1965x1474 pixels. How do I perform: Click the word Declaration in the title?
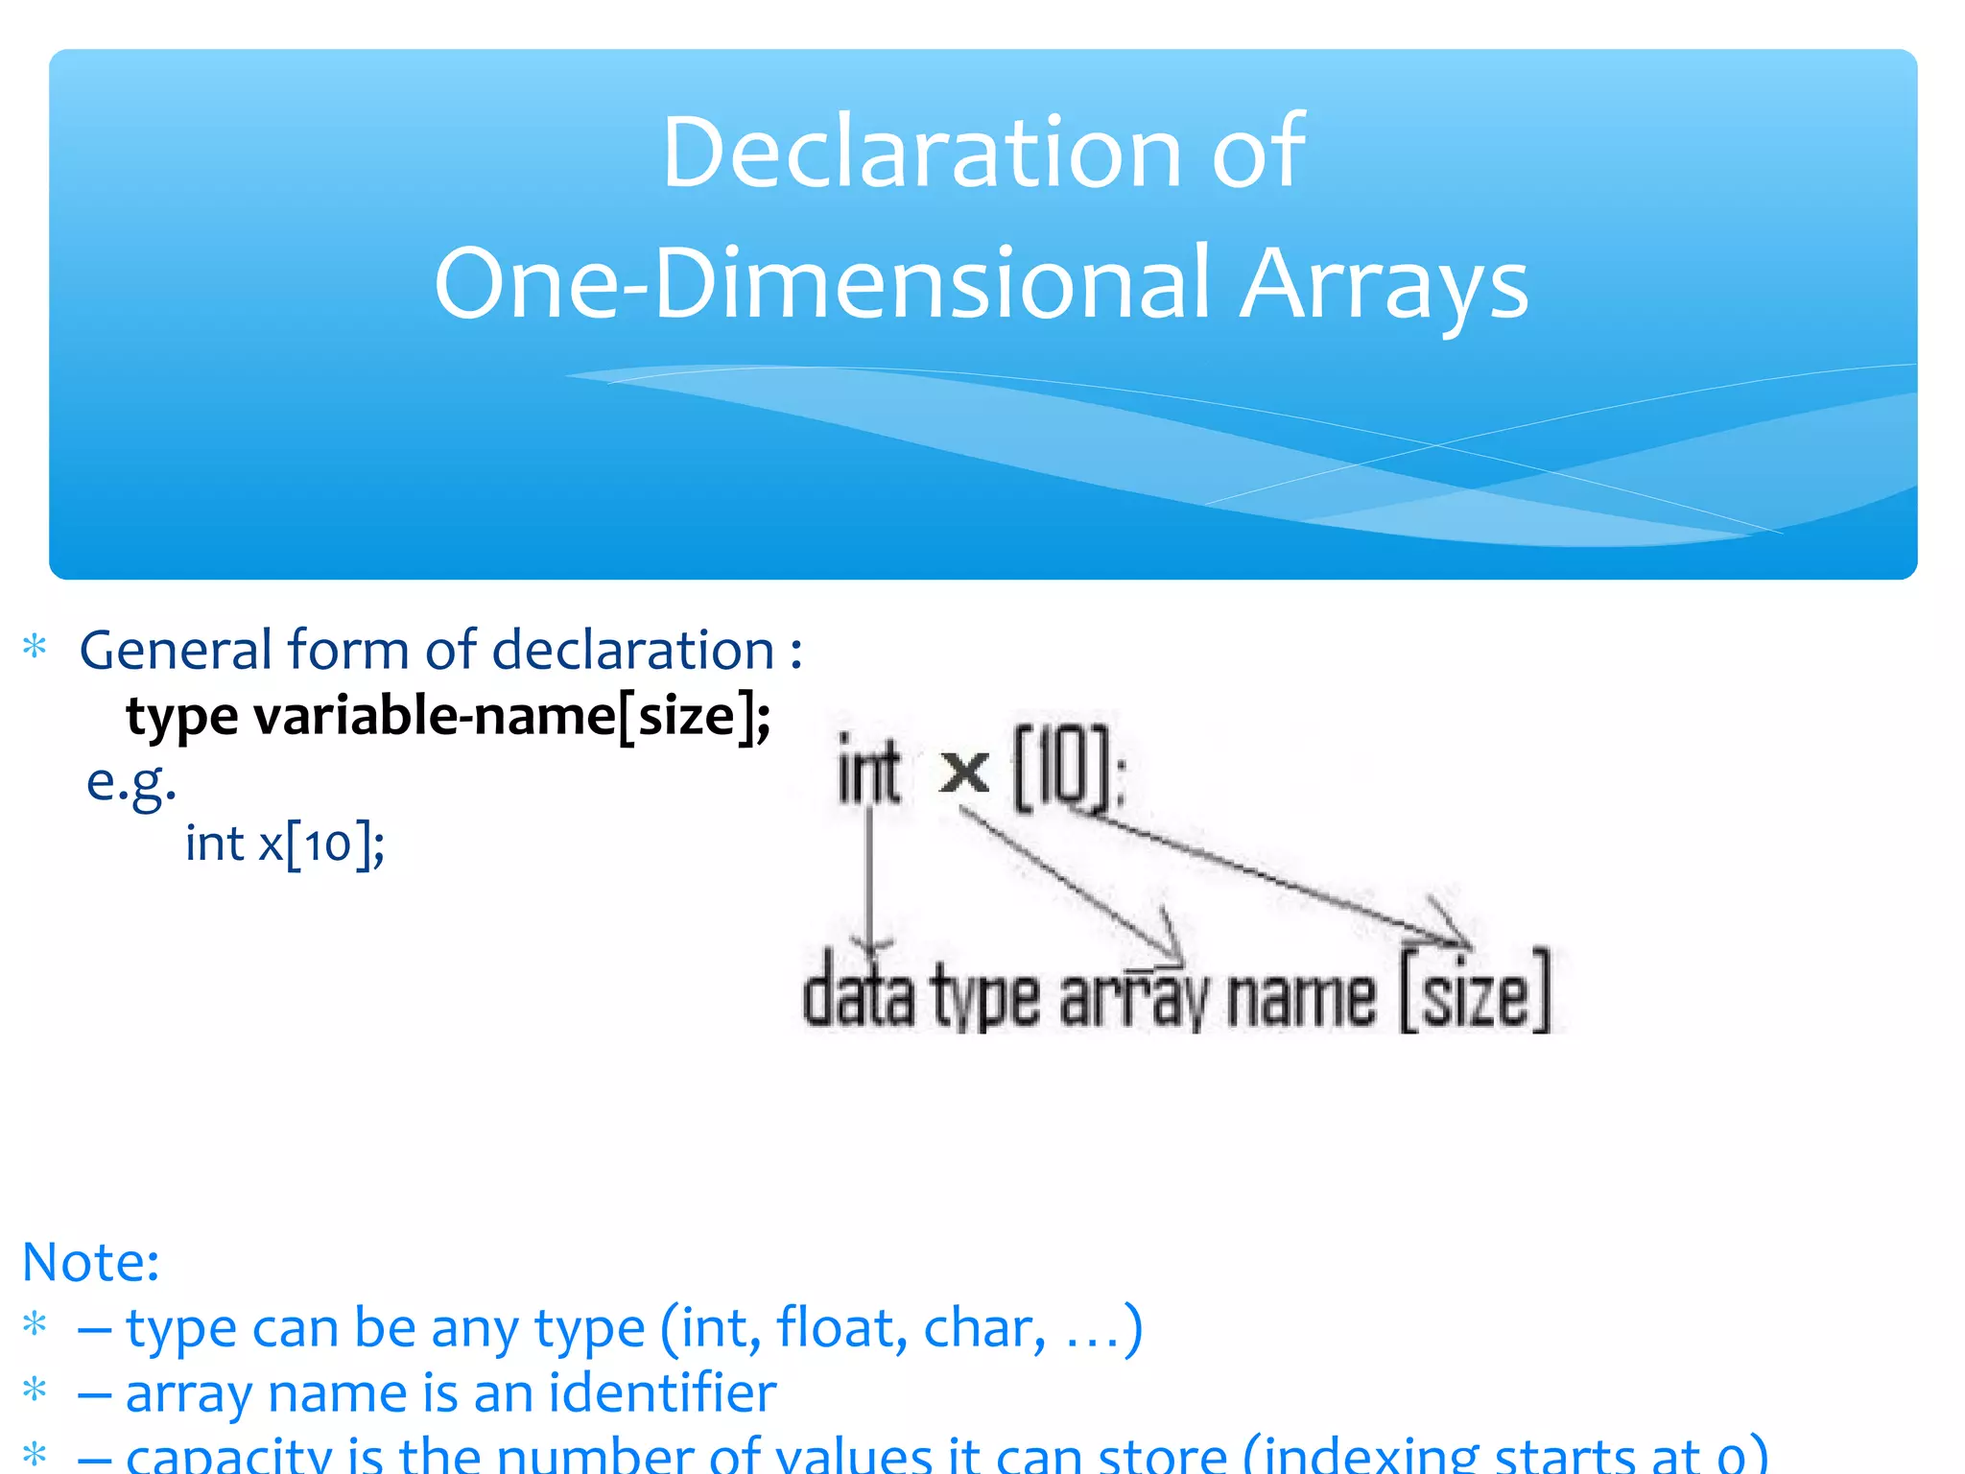tap(920, 154)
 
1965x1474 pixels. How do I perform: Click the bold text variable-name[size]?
tap(511, 717)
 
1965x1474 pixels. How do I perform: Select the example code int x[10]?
tap(285, 845)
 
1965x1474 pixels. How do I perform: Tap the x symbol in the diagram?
tap(964, 771)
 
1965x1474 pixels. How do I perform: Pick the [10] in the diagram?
tap(1066, 769)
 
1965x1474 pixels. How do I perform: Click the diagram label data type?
tap(921, 998)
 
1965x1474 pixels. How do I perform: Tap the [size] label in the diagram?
tap(1475, 993)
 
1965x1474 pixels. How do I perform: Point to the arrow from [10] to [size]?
tap(1276, 873)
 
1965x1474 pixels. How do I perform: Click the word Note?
tap(91, 1262)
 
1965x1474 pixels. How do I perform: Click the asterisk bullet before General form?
tap(36, 648)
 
